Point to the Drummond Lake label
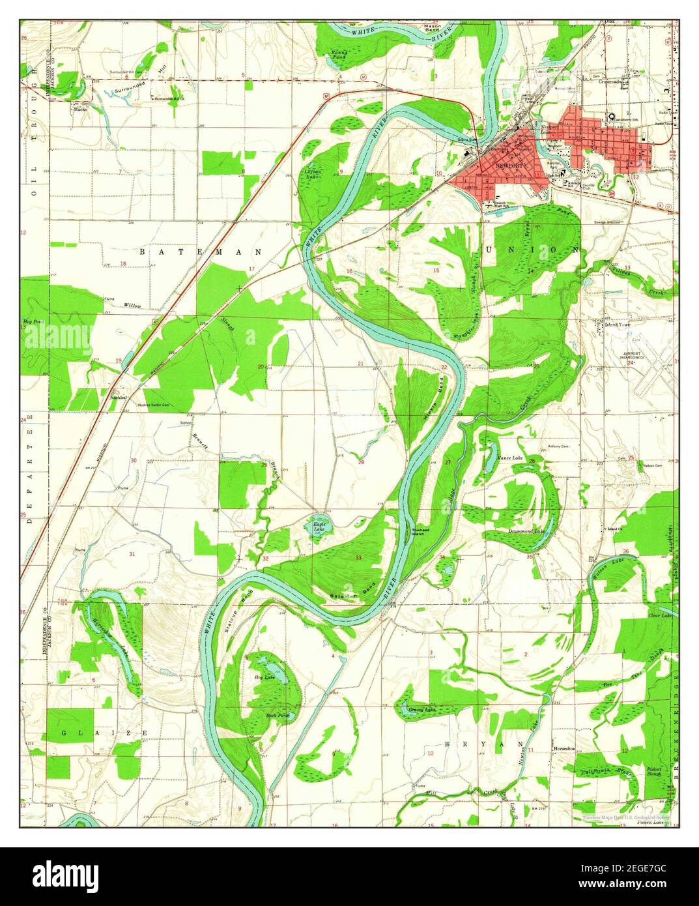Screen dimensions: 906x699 pos(526,531)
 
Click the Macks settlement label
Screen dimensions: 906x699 pos(80,110)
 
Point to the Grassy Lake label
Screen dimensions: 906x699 pos(421,709)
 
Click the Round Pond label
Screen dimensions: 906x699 pos(340,55)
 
